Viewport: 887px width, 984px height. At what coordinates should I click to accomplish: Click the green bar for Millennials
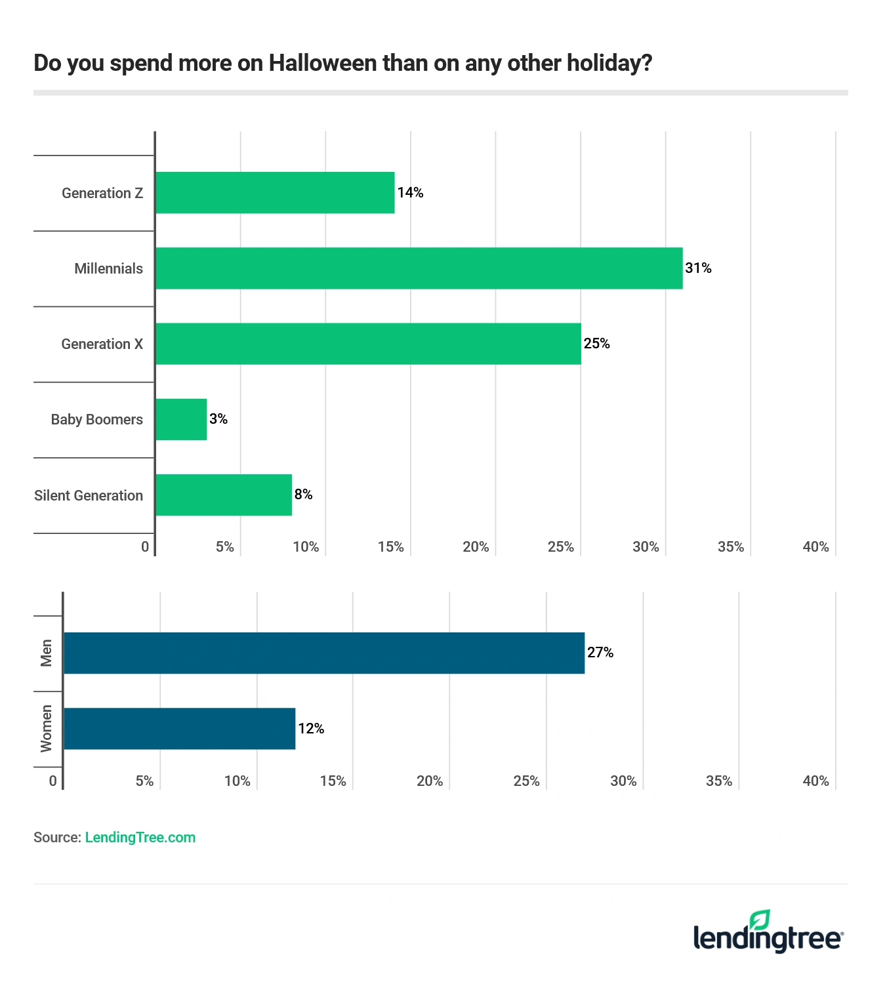(x=419, y=268)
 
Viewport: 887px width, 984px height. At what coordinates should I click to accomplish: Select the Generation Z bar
(x=275, y=193)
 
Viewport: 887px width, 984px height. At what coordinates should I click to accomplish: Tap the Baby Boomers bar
(x=181, y=419)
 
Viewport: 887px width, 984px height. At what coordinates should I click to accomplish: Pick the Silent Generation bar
(x=223, y=495)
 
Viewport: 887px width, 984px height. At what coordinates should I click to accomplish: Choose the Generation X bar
(x=368, y=344)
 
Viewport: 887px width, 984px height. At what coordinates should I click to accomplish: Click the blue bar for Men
(x=323, y=653)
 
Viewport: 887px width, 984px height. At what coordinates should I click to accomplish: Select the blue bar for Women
(x=179, y=729)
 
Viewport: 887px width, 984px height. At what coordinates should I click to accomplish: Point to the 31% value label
(x=698, y=268)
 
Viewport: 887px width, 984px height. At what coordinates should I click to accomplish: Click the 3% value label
(x=218, y=419)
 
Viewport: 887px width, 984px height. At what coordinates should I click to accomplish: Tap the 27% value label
(x=600, y=653)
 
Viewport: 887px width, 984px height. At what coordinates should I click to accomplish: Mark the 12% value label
(x=311, y=729)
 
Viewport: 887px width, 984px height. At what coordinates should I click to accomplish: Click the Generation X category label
(x=102, y=344)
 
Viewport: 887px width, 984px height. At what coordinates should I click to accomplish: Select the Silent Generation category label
(x=89, y=496)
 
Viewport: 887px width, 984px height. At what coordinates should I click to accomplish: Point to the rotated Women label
(x=46, y=729)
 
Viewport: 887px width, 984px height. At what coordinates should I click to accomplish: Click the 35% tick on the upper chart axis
(x=730, y=547)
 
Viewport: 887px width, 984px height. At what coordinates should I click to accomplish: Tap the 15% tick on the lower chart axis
(x=333, y=781)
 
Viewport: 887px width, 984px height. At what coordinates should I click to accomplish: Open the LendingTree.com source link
(x=140, y=838)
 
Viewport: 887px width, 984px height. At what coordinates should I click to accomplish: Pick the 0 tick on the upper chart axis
(x=145, y=547)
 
